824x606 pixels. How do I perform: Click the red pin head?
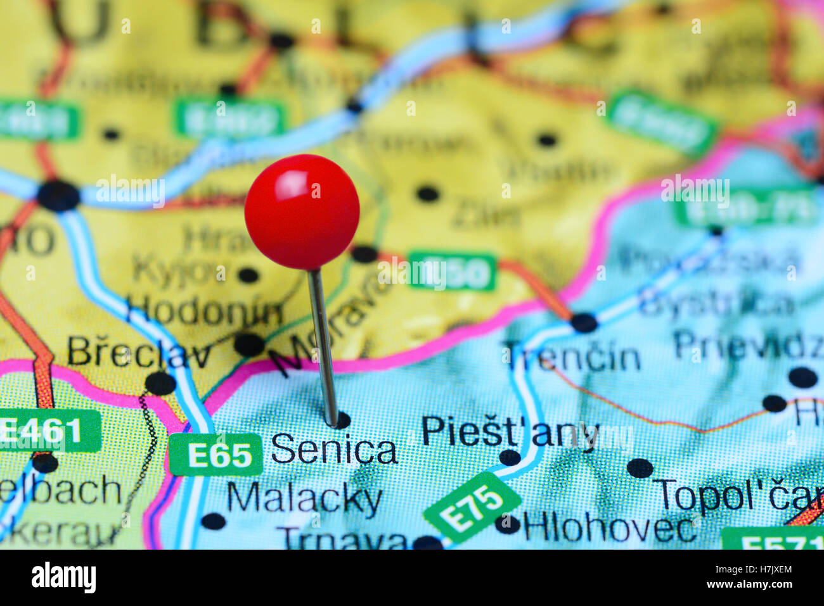pyautogui.click(x=302, y=211)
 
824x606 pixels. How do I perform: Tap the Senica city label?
pyautogui.click(x=334, y=450)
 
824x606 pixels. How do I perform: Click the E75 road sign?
pyautogui.click(x=472, y=507)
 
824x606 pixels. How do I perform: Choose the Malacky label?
pyautogui.click(x=304, y=500)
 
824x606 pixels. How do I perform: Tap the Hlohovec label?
pyautogui.click(x=609, y=527)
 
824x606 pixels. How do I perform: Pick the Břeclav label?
pyautogui.click(x=139, y=353)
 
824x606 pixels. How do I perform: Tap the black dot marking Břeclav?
pyautogui.click(x=160, y=383)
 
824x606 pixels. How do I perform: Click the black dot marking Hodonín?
pyautogui.click(x=249, y=344)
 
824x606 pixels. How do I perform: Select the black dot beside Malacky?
pyautogui.click(x=213, y=521)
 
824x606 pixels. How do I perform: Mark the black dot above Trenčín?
pyautogui.click(x=584, y=322)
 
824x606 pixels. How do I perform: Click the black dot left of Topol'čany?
pyautogui.click(x=640, y=468)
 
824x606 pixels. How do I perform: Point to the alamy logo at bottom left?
pyautogui.click(x=63, y=578)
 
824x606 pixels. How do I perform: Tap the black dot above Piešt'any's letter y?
pyautogui.click(x=510, y=457)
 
